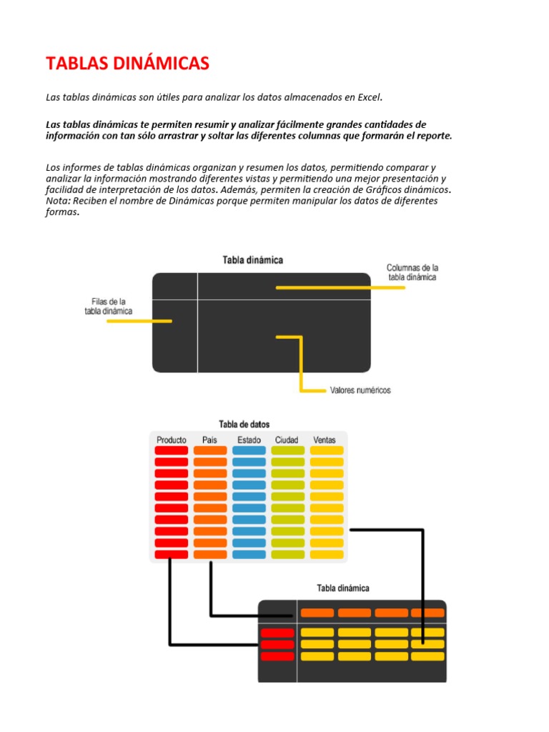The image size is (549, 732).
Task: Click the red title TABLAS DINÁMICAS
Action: (127, 64)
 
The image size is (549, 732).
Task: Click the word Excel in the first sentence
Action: (370, 97)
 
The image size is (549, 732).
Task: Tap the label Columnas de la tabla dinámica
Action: (412, 272)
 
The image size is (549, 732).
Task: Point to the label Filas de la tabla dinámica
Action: (109, 306)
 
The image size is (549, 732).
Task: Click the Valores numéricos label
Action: (360, 390)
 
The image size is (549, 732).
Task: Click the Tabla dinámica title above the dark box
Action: (252, 260)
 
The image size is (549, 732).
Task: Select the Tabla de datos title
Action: (244, 424)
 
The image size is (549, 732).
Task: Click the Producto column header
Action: (172, 440)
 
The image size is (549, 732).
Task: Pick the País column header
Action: (209, 440)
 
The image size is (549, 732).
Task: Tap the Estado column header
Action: (249, 440)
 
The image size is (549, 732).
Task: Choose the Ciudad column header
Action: (286, 440)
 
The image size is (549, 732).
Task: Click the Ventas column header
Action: (325, 440)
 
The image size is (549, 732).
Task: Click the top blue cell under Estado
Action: (249, 451)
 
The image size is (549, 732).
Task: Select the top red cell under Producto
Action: (172, 451)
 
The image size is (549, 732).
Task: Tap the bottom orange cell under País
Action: (210, 555)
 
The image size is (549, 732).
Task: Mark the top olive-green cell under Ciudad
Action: (287, 451)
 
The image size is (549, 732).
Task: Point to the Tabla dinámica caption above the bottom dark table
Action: (343, 588)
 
